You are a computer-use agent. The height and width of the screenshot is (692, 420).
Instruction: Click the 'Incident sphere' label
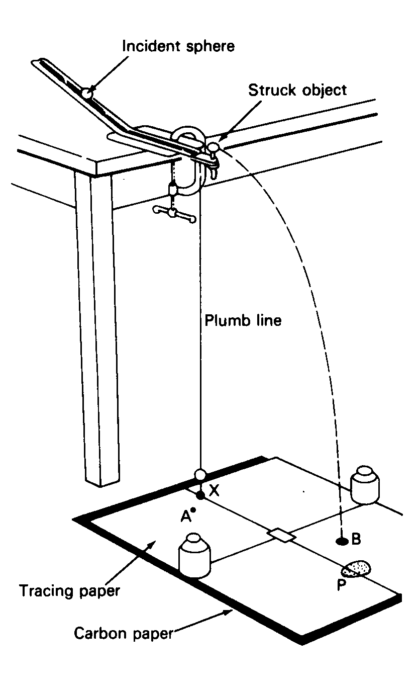tap(179, 47)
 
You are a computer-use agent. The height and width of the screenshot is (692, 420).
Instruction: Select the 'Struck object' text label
tap(297, 91)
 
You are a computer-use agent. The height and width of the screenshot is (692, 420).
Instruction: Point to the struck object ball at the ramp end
tap(214, 147)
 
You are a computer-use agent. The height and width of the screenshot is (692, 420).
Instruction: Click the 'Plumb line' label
tap(243, 320)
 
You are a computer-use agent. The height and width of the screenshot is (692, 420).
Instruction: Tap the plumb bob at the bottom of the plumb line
tap(200, 474)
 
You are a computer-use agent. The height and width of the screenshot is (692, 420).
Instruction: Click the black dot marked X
tap(200, 496)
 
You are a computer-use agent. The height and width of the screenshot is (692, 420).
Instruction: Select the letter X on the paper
tap(214, 491)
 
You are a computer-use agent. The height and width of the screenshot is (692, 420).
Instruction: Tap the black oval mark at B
tap(342, 541)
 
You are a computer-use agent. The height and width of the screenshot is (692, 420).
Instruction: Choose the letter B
tap(356, 540)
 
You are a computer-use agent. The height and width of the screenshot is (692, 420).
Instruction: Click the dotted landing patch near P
tap(356, 569)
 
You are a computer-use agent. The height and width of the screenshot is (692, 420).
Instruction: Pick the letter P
tap(341, 585)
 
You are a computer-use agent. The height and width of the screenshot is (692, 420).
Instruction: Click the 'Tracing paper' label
tap(70, 590)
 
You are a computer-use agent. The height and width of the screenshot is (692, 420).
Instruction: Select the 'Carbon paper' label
tap(124, 632)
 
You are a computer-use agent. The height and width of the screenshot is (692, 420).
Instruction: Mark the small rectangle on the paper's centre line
tap(281, 535)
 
